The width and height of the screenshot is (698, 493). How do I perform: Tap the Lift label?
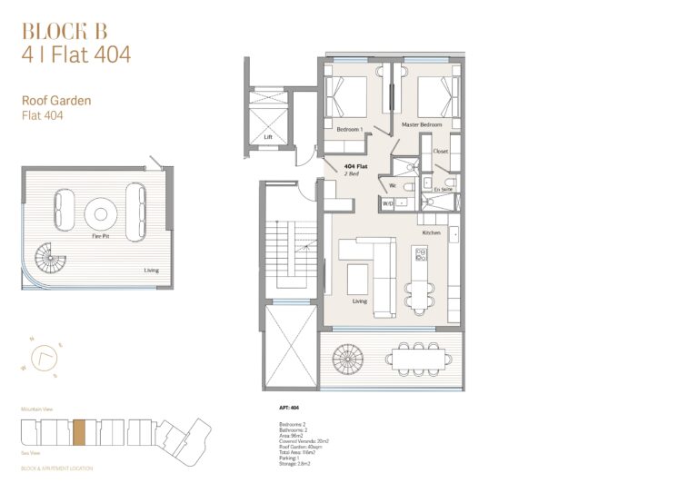pos(268,137)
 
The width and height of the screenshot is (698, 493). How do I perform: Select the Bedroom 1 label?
pos(349,130)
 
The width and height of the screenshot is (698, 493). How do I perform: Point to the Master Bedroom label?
pos(422,123)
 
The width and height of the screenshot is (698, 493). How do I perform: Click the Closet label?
pos(441,151)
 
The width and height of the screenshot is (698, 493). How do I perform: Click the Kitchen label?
pos(431,233)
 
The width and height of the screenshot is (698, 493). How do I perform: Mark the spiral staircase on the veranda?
pos(347,360)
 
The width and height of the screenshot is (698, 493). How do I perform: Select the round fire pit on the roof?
pos(100,214)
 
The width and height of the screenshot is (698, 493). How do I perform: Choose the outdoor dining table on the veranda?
pos(419,359)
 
